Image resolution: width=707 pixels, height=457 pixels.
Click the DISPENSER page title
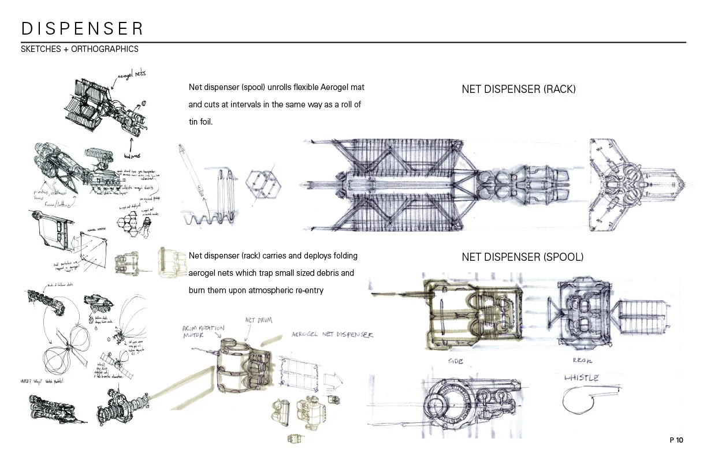pyautogui.click(x=82, y=28)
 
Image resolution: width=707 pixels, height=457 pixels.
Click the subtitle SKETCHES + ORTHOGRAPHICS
pyautogui.click(x=80, y=49)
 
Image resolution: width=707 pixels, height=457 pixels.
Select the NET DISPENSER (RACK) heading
pyautogui.click(x=518, y=89)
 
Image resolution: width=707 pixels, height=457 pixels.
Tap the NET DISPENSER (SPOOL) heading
pyautogui.click(x=522, y=257)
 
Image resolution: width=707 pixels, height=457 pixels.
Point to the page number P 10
pyautogui.click(x=676, y=440)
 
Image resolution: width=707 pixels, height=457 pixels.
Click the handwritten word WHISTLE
pyautogui.click(x=581, y=378)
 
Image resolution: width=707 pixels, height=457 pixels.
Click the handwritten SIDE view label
pyautogui.click(x=456, y=361)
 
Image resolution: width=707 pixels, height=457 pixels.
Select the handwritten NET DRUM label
pyautogui.click(x=259, y=320)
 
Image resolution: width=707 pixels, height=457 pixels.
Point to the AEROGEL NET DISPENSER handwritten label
pyautogui.click(x=332, y=334)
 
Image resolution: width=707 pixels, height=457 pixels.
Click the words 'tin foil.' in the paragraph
pyautogui.click(x=201, y=122)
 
